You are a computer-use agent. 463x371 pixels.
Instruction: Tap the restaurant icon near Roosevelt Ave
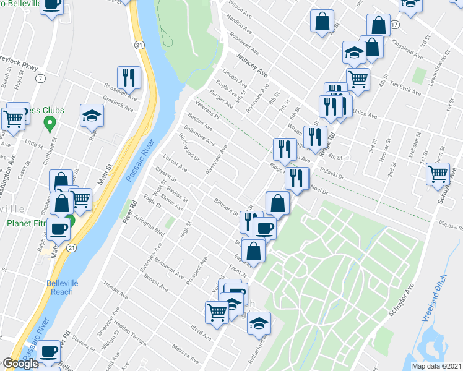pyautogui.click(x=129, y=77)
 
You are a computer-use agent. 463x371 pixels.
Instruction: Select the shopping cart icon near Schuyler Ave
pyautogui.click(x=438, y=174)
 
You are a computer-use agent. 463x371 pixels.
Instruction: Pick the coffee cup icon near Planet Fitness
pyautogui.click(x=58, y=228)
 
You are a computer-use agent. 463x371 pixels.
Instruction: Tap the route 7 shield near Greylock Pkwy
pyautogui.click(x=40, y=79)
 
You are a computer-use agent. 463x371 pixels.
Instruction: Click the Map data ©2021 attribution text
pyautogui.click(x=436, y=366)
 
